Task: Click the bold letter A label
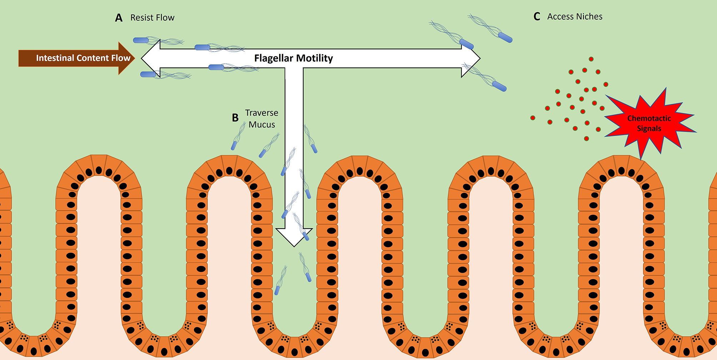119,18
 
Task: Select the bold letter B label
235,118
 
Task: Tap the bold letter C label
537,17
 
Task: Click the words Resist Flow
152,17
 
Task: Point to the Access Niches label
575,17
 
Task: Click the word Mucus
262,125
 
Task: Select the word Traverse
262,113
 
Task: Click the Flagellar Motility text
294,58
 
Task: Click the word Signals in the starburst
649,129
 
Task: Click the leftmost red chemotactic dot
533,118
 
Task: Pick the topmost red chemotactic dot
591,59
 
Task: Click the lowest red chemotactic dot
586,139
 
